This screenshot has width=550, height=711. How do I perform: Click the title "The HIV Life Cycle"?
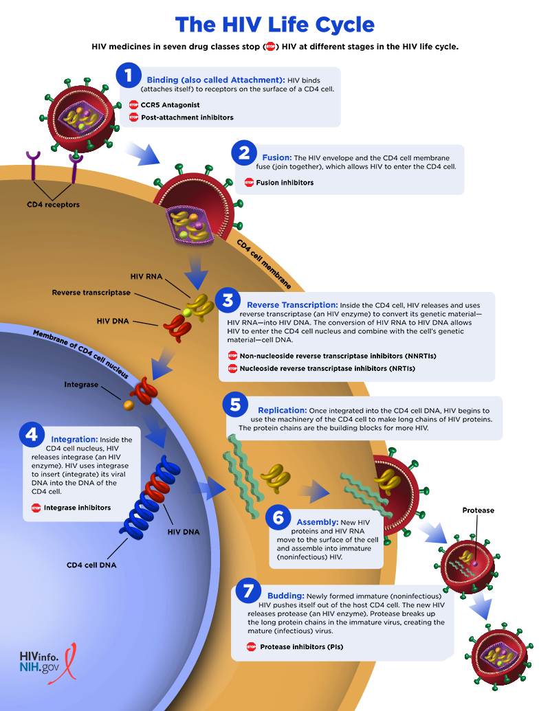pos(275,25)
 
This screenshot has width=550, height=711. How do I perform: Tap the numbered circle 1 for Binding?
pos(129,76)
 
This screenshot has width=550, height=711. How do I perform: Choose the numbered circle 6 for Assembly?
pos(278,519)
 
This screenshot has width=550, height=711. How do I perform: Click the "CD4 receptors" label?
pos(53,205)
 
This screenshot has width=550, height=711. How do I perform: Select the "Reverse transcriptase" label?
pos(91,293)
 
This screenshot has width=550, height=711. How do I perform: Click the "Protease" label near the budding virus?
pos(478,510)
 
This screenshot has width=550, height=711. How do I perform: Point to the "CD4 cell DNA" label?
pos(91,565)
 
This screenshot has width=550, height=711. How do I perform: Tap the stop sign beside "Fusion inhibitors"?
pos(249,183)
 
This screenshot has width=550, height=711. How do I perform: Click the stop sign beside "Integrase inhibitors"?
pos(36,508)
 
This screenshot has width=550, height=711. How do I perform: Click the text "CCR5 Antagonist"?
pos(170,105)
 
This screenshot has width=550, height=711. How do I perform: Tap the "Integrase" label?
pos(81,385)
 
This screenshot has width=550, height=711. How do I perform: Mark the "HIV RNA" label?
pos(146,276)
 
